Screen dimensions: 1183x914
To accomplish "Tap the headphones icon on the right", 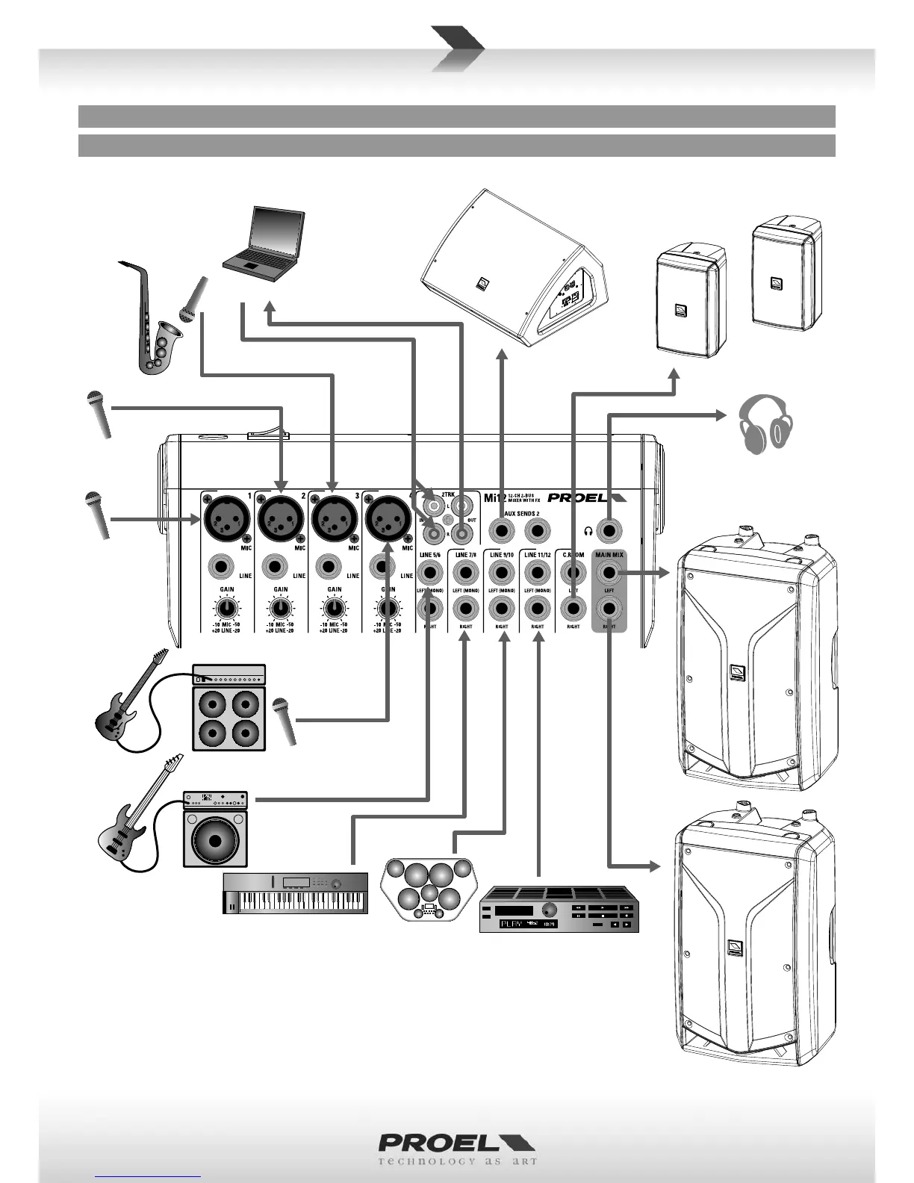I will (x=765, y=424).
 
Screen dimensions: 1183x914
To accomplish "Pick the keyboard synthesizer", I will (x=296, y=892).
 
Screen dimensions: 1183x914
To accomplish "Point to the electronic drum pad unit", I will (x=427, y=889).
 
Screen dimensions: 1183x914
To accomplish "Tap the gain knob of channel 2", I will (x=281, y=609).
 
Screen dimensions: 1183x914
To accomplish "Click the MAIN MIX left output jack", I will (x=609, y=573).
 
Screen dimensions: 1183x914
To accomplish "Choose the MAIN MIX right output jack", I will (x=609, y=609).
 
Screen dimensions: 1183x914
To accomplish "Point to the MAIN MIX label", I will (x=609, y=555).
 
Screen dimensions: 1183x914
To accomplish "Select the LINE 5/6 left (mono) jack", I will (x=430, y=573).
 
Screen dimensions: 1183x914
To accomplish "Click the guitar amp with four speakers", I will (x=229, y=707).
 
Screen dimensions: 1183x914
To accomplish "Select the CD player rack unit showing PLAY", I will (x=559, y=909).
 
